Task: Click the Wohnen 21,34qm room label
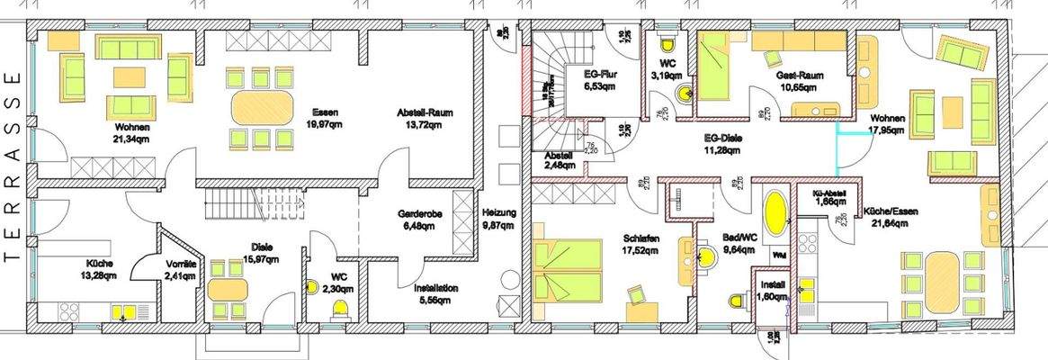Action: tap(132, 133)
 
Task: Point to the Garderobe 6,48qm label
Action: tap(417, 221)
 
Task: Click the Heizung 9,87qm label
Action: tap(498, 219)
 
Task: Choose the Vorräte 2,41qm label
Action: tap(186, 269)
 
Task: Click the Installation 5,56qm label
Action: tap(436, 294)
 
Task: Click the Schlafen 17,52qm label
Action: tap(641, 245)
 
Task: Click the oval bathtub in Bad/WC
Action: tap(775, 214)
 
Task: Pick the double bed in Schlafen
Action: tap(568, 270)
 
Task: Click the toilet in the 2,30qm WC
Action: tap(341, 311)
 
